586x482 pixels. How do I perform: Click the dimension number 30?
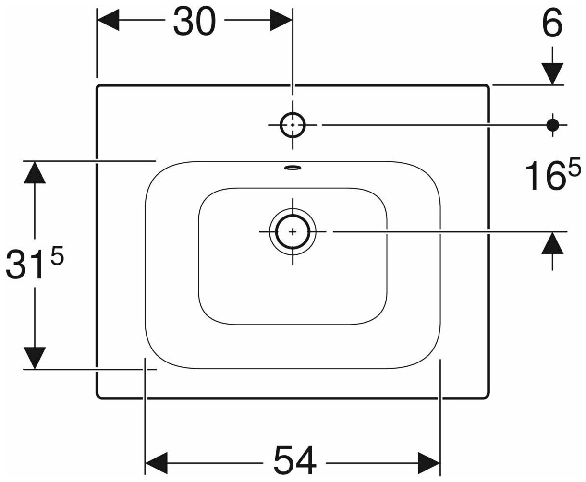coord(195,22)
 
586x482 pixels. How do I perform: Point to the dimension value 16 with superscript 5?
coord(552,175)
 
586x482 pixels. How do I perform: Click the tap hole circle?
coord(293,125)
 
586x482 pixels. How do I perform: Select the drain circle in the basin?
coord(293,231)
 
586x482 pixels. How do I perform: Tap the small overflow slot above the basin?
coord(293,168)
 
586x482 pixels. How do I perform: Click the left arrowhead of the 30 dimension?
coord(109,21)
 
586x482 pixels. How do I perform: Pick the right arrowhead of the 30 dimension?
coord(281,21)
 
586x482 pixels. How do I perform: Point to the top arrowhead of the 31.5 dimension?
coord(35,172)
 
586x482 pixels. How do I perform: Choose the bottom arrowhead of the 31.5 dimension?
coord(35,358)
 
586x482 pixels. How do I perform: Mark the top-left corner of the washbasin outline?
coord(98,86)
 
